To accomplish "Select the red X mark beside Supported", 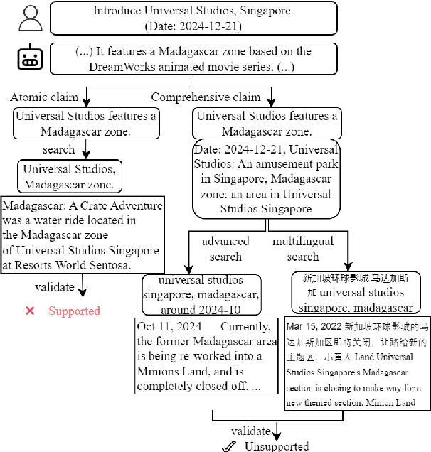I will [30, 311].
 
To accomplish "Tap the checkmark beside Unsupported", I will [228, 446].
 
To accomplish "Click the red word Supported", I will [74, 311].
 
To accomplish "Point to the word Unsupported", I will [277, 446].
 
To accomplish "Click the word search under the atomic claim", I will [58, 149].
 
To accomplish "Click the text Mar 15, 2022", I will [316, 326].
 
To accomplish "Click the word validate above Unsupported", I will [250, 431].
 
